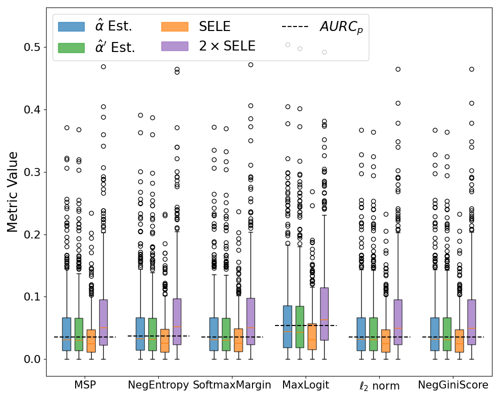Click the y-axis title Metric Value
(13, 192)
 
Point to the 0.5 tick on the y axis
(34, 47)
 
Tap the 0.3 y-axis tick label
(34, 172)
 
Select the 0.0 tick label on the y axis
(34, 359)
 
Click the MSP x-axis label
(85, 385)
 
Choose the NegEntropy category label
(158, 385)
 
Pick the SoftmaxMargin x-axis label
(232, 385)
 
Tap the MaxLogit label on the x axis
(306, 385)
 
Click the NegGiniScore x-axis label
(453, 385)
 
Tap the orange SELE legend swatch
(174, 26)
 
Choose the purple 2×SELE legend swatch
(174, 46)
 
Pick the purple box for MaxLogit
(324, 313)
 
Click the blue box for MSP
(67, 334)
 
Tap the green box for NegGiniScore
(447, 334)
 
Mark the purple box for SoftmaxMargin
(250, 321)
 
